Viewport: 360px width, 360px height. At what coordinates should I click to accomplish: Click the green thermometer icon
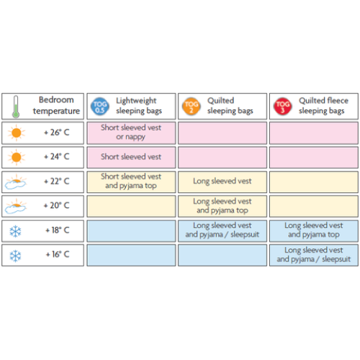pyautogui.click(x=16, y=107)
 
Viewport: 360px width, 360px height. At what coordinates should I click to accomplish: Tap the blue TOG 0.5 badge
pyautogui.click(x=100, y=107)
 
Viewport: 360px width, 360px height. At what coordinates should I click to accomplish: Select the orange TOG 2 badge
pyautogui.click(x=192, y=107)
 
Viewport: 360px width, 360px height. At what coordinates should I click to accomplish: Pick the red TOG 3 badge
pyautogui.click(x=283, y=107)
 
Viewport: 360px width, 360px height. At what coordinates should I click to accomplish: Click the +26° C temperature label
pyautogui.click(x=57, y=132)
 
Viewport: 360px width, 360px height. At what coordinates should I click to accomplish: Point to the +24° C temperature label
pyautogui.click(x=57, y=157)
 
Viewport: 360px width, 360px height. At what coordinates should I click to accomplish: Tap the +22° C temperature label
pyautogui.click(x=57, y=181)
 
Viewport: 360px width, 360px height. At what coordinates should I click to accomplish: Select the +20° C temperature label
pyautogui.click(x=57, y=205)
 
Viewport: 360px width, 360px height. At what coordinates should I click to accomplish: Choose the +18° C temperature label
pyautogui.click(x=58, y=230)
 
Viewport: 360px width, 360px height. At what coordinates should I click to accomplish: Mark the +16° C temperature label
pyautogui.click(x=58, y=254)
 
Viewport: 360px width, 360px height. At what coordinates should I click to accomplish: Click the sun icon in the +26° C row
pyautogui.click(x=17, y=132)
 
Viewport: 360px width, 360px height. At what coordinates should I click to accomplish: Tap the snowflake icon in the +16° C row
pyautogui.click(x=15, y=256)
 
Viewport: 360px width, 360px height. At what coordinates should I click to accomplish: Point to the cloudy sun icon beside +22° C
pyautogui.click(x=15, y=182)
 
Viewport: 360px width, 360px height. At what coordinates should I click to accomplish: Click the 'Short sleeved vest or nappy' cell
pyautogui.click(x=131, y=132)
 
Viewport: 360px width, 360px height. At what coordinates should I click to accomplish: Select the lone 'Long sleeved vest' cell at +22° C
pyautogui.click(x=222, y=181)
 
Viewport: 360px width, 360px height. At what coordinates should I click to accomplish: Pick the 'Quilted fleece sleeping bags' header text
pyautogui.click(x=323, y=106)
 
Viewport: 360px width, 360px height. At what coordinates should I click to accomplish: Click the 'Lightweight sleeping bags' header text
pyautogui.click(x=139, y=106)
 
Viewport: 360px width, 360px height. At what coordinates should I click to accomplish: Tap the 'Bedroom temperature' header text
pyautogui.click(x=56, y=105)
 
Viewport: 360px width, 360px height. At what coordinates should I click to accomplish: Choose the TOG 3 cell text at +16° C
pyautogui.click(x=314, y=255)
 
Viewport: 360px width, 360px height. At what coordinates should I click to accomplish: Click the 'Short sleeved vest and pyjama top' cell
pyautogui.click(x=131, y=181)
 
